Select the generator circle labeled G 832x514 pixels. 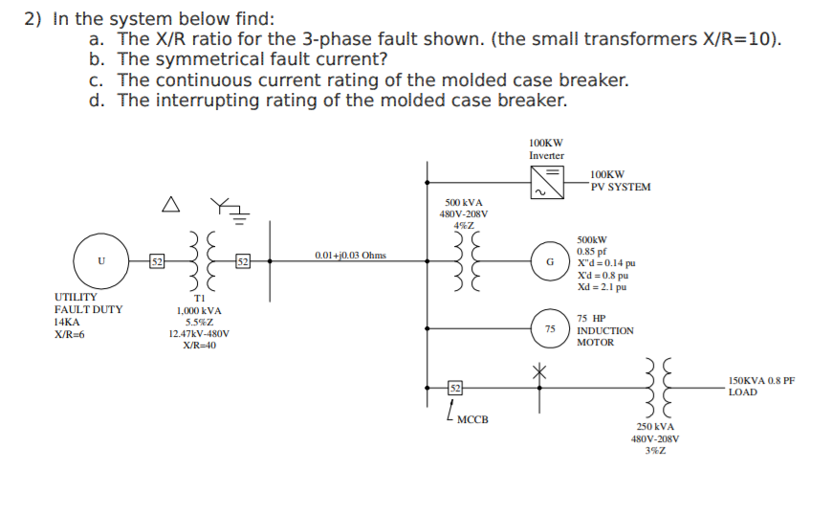(x=549, y=260)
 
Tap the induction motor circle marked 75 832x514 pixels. (x=549, y=328)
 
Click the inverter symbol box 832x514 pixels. (x=549, y=180)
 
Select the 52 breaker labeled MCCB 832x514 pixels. (x=455, y=387)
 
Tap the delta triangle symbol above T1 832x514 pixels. (x=169, y=204)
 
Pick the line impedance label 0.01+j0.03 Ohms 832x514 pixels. (x=350, y=256)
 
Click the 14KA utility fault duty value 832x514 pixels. (x=67, y=323)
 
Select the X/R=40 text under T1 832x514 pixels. (x=199, y=346)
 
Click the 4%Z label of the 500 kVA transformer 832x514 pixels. (x=465, y=226)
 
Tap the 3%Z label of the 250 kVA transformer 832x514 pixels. (x=655, y=450)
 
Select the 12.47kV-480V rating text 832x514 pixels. (x=199, y=334)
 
